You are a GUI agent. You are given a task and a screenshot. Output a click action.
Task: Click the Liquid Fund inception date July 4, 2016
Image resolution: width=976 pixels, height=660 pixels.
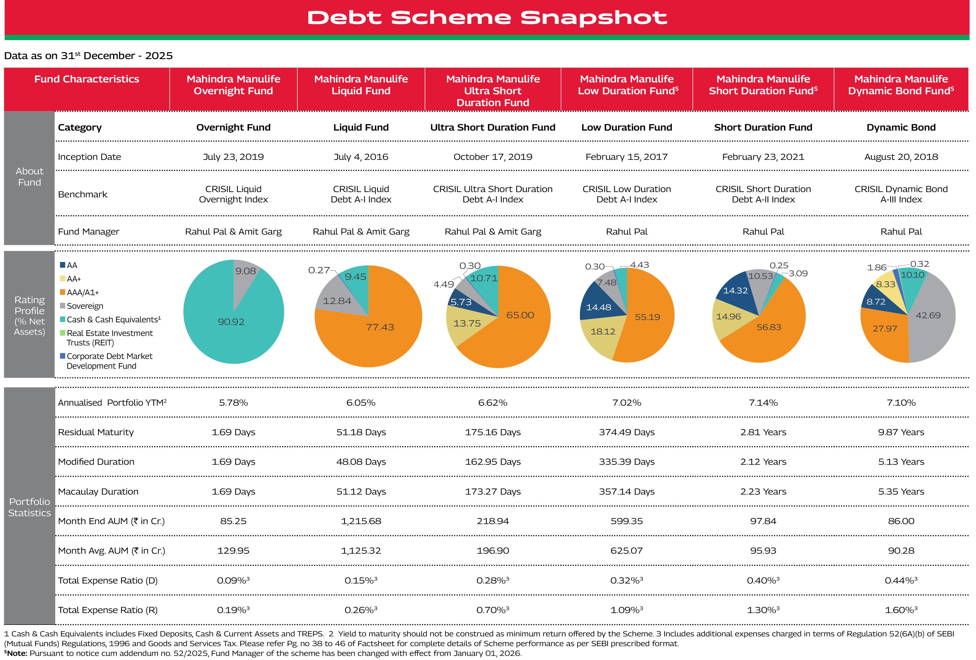coord(361,157)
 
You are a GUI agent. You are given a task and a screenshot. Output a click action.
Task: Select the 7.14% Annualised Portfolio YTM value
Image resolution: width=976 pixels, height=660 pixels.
coord(763,402)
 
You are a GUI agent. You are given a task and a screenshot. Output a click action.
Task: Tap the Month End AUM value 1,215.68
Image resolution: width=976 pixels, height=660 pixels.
coord(361,521)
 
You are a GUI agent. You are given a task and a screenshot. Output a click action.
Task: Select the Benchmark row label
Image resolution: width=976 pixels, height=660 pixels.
coord(82,194)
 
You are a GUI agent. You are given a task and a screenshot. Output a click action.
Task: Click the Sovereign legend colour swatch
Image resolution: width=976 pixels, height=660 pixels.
coord(63,306)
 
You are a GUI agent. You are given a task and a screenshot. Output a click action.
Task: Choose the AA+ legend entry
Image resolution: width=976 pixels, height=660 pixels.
coord(74,279)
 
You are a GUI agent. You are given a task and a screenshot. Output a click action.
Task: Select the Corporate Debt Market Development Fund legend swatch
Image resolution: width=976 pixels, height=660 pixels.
coord(63,356)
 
